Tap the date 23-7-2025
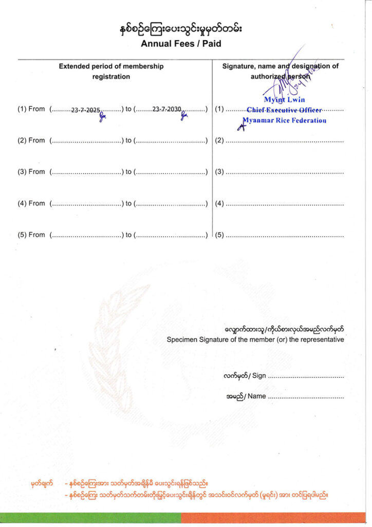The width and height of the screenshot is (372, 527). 85,110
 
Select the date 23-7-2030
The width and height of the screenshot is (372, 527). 166,110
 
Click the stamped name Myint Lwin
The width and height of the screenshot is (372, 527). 285,100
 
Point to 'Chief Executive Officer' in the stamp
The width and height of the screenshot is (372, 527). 284,110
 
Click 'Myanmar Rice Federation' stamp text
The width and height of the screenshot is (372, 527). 285,120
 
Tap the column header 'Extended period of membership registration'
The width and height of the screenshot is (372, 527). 111,71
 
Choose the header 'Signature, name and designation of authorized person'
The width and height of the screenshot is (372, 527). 280,71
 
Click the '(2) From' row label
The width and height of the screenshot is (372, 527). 31,140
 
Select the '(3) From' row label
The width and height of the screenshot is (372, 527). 31,172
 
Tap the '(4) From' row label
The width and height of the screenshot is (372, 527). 31,203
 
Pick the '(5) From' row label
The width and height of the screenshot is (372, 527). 31,235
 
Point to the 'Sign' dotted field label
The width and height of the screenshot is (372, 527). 259,376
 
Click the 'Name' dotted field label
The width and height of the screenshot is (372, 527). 256,396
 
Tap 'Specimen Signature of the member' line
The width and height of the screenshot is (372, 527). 255,340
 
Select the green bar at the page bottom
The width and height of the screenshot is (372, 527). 90,517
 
